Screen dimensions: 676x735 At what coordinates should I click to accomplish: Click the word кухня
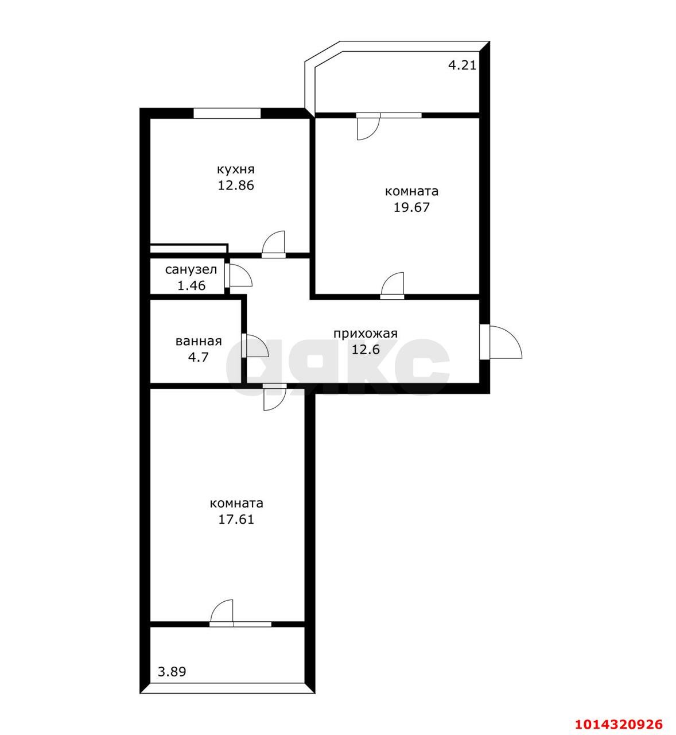236,169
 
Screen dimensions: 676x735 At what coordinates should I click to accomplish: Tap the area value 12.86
236,185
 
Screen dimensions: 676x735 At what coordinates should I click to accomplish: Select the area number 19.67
411,207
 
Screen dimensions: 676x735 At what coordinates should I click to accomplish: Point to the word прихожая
365,334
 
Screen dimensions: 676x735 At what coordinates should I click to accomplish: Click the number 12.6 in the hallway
366,350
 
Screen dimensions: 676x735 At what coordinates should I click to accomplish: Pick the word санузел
191,270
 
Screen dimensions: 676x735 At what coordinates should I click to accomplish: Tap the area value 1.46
192,285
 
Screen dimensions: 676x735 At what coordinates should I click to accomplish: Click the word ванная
199,342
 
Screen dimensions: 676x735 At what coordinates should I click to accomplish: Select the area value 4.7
199,357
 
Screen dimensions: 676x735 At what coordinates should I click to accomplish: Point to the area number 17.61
236,520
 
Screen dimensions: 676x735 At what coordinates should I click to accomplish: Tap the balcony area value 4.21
463,65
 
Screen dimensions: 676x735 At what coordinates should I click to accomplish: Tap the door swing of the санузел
241,275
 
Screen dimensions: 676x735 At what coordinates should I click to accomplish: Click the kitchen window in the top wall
227,113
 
